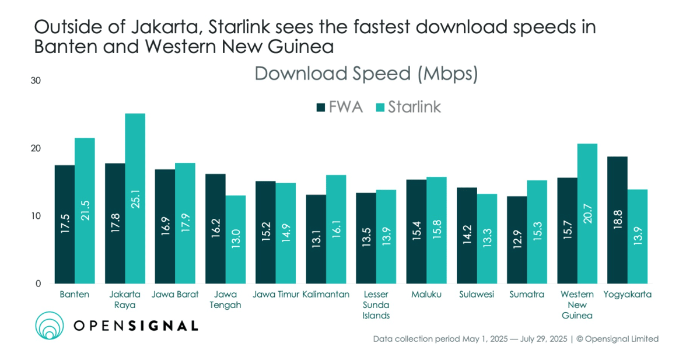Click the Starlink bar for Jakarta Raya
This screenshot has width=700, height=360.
pos(135,198)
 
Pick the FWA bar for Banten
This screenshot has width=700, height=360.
pos(65,224)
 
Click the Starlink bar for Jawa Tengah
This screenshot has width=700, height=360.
pos(235,239)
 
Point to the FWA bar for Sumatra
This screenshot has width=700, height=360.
pos(517,240)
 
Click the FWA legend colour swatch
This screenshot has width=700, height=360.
pos(321,107)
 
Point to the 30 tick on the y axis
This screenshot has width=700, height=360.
pos(36,81)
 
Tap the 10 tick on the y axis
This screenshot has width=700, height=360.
pos(36,216)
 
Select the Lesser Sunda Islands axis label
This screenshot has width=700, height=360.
pos(376,305)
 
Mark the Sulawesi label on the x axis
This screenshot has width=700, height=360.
pos(476,295)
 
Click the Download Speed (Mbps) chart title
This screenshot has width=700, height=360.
pos(366,74)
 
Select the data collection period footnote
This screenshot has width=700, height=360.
pos(515,339)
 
